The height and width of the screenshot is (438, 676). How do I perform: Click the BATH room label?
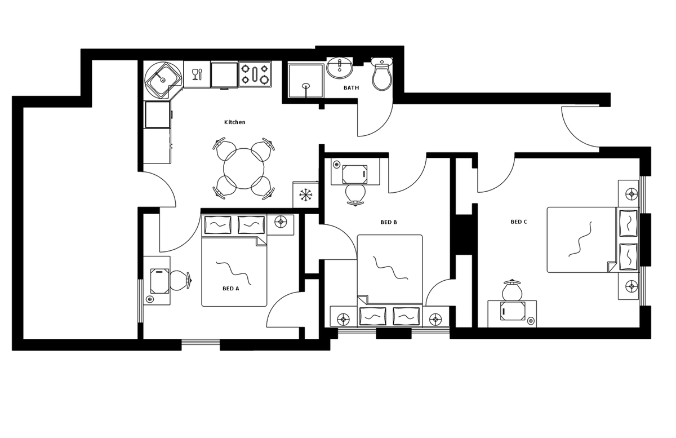pos(351,88)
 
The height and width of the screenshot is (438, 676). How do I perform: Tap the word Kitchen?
pos(234,122)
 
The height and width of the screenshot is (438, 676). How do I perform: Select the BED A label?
pos(231,289)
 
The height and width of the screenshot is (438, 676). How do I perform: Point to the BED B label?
pos(389,223)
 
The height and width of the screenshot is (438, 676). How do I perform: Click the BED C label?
pos(519,222)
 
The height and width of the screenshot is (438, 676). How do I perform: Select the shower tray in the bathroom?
pos(306,81)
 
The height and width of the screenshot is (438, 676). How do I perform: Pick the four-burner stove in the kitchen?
pos(255,74)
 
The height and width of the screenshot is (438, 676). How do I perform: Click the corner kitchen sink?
pos(163,79)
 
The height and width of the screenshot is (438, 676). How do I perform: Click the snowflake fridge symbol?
pos(305,195)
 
